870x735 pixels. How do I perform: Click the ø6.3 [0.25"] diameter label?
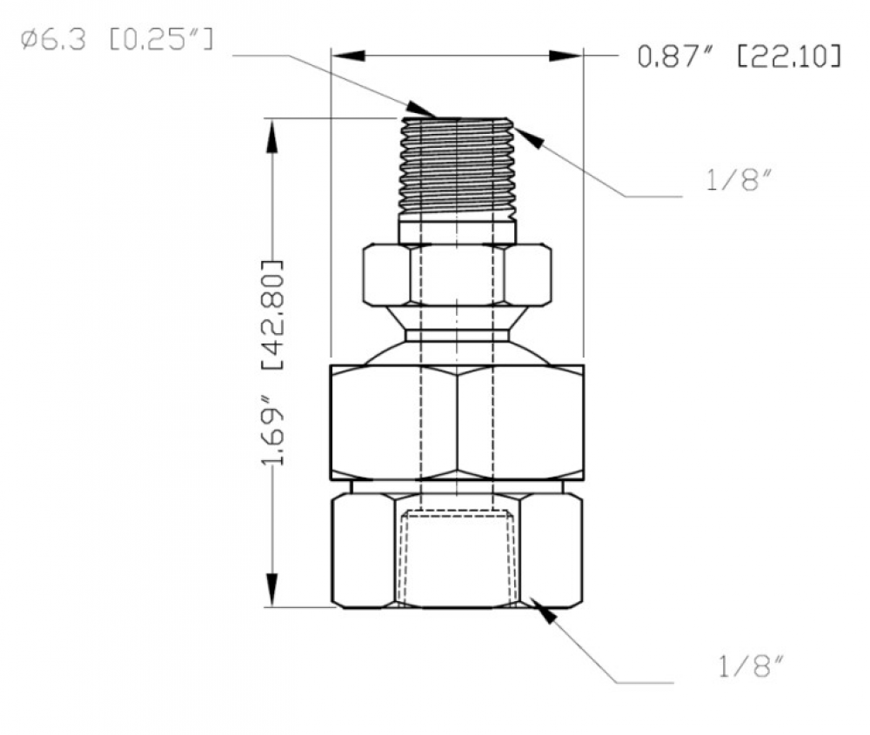point(117,40)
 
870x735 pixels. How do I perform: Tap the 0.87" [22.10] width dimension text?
point(739,56)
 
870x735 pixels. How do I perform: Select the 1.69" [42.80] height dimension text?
point(272,362)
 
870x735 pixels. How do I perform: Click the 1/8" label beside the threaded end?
point(739,180)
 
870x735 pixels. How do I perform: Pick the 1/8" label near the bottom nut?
point(752,665)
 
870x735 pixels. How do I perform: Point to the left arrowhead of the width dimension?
point(349,56)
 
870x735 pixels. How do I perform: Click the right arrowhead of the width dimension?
point(565,56)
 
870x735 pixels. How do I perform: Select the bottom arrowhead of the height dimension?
point(271,589)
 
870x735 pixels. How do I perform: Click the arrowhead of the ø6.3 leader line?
point(421,110)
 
